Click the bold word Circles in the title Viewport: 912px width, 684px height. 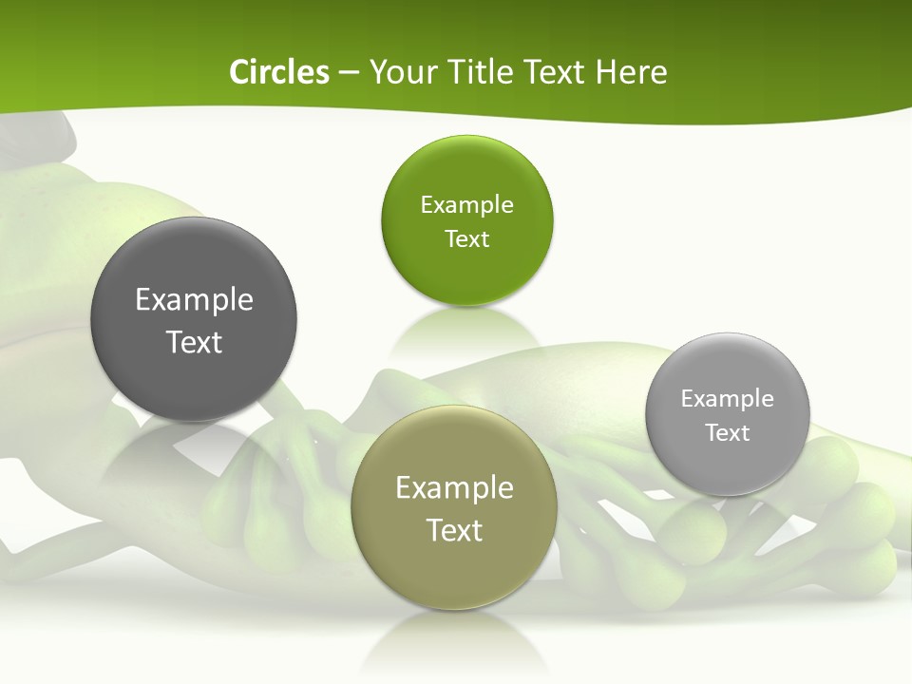[x=279, y=72]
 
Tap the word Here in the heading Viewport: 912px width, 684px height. [x=632, y=72]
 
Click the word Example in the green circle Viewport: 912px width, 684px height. [x=466, y=205]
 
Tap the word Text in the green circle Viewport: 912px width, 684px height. [x=466, y=239]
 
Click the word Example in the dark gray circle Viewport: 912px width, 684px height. [x=194, y=300]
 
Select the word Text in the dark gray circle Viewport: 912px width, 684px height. [x=194, y=342]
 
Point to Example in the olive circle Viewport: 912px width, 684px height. [x=454, y=488]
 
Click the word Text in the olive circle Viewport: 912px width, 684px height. [x=454, y=530]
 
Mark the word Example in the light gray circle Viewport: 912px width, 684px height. [x=728, y=399]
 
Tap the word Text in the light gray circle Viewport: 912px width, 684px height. [x=728, y=433]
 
